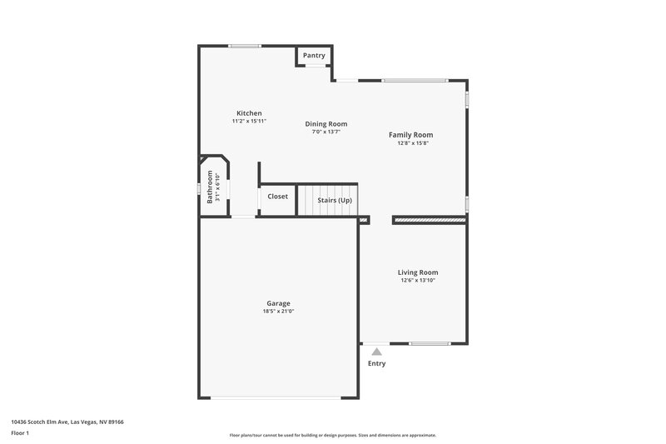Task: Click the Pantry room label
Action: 314,56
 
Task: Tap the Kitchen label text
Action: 249,113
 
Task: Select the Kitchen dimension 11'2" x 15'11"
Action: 249,122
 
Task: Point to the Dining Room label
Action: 326,124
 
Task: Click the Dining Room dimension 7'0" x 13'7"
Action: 326,132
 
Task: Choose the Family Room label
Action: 411,135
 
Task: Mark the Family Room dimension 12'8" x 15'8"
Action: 411,143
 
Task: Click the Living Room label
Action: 417,272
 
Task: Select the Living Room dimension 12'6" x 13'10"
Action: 417,281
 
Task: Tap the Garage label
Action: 278,303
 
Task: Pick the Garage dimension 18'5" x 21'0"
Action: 278,312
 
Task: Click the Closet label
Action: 277,197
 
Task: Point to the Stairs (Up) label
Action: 335,201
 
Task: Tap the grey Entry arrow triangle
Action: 376,352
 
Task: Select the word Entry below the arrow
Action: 376,364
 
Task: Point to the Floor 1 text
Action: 20,433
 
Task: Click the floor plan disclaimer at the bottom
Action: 332,435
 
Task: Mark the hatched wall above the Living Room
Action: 429,221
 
